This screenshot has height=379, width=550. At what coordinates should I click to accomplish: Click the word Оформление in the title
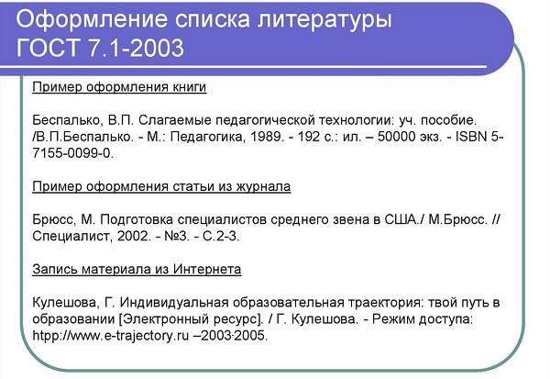92,19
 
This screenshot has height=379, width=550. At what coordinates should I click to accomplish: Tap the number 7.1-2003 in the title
136,48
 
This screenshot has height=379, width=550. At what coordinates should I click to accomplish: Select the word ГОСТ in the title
48,48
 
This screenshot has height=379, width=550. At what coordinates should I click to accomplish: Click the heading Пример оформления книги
119,87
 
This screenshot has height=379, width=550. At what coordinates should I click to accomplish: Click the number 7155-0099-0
71,153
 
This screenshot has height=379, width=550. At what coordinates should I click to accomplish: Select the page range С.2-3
220,236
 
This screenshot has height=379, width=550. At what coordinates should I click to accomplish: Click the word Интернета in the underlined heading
207,269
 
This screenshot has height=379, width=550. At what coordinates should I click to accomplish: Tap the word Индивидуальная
174,303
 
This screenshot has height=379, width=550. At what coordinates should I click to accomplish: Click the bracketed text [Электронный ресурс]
191,319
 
